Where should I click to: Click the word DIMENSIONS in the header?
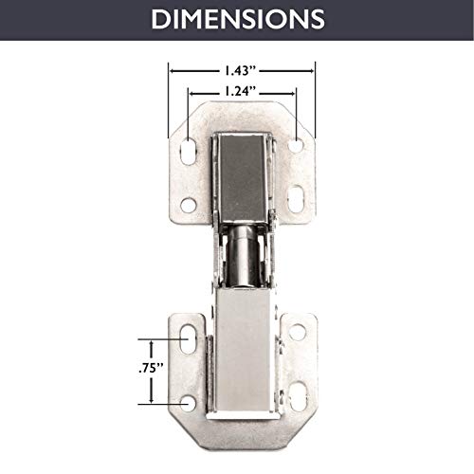pos(236,19)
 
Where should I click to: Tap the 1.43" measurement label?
pos(241,69)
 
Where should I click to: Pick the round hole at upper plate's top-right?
pos(296,145)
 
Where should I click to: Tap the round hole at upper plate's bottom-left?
pos(189,205)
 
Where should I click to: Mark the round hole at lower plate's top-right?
pos(298,333)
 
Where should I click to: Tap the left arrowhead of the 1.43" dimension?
pos(172,69)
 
